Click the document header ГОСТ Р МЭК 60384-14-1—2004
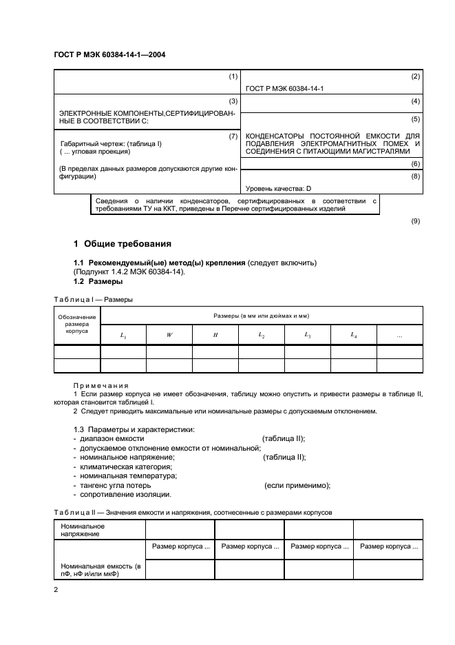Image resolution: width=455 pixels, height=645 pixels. click(x=109, y=54)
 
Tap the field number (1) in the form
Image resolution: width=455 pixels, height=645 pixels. click(x=233, y=76)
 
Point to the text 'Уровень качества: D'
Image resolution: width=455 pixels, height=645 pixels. click(x=279, y=188)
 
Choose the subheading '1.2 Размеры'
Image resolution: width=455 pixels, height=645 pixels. click(x=98, y=281)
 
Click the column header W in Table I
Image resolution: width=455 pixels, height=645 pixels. click(x=169, y=335)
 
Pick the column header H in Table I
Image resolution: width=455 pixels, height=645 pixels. click(x=215, y=335)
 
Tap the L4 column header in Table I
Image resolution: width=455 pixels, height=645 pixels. click(x=354, y=335)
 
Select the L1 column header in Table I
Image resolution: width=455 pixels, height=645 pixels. click(x=123, y=335)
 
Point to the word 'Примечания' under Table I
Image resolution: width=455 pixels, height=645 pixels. click(x=100, y=385)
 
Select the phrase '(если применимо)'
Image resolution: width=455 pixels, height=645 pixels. click(x=297, y=485)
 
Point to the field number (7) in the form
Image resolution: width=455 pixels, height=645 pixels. click(x=233, y=136)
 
